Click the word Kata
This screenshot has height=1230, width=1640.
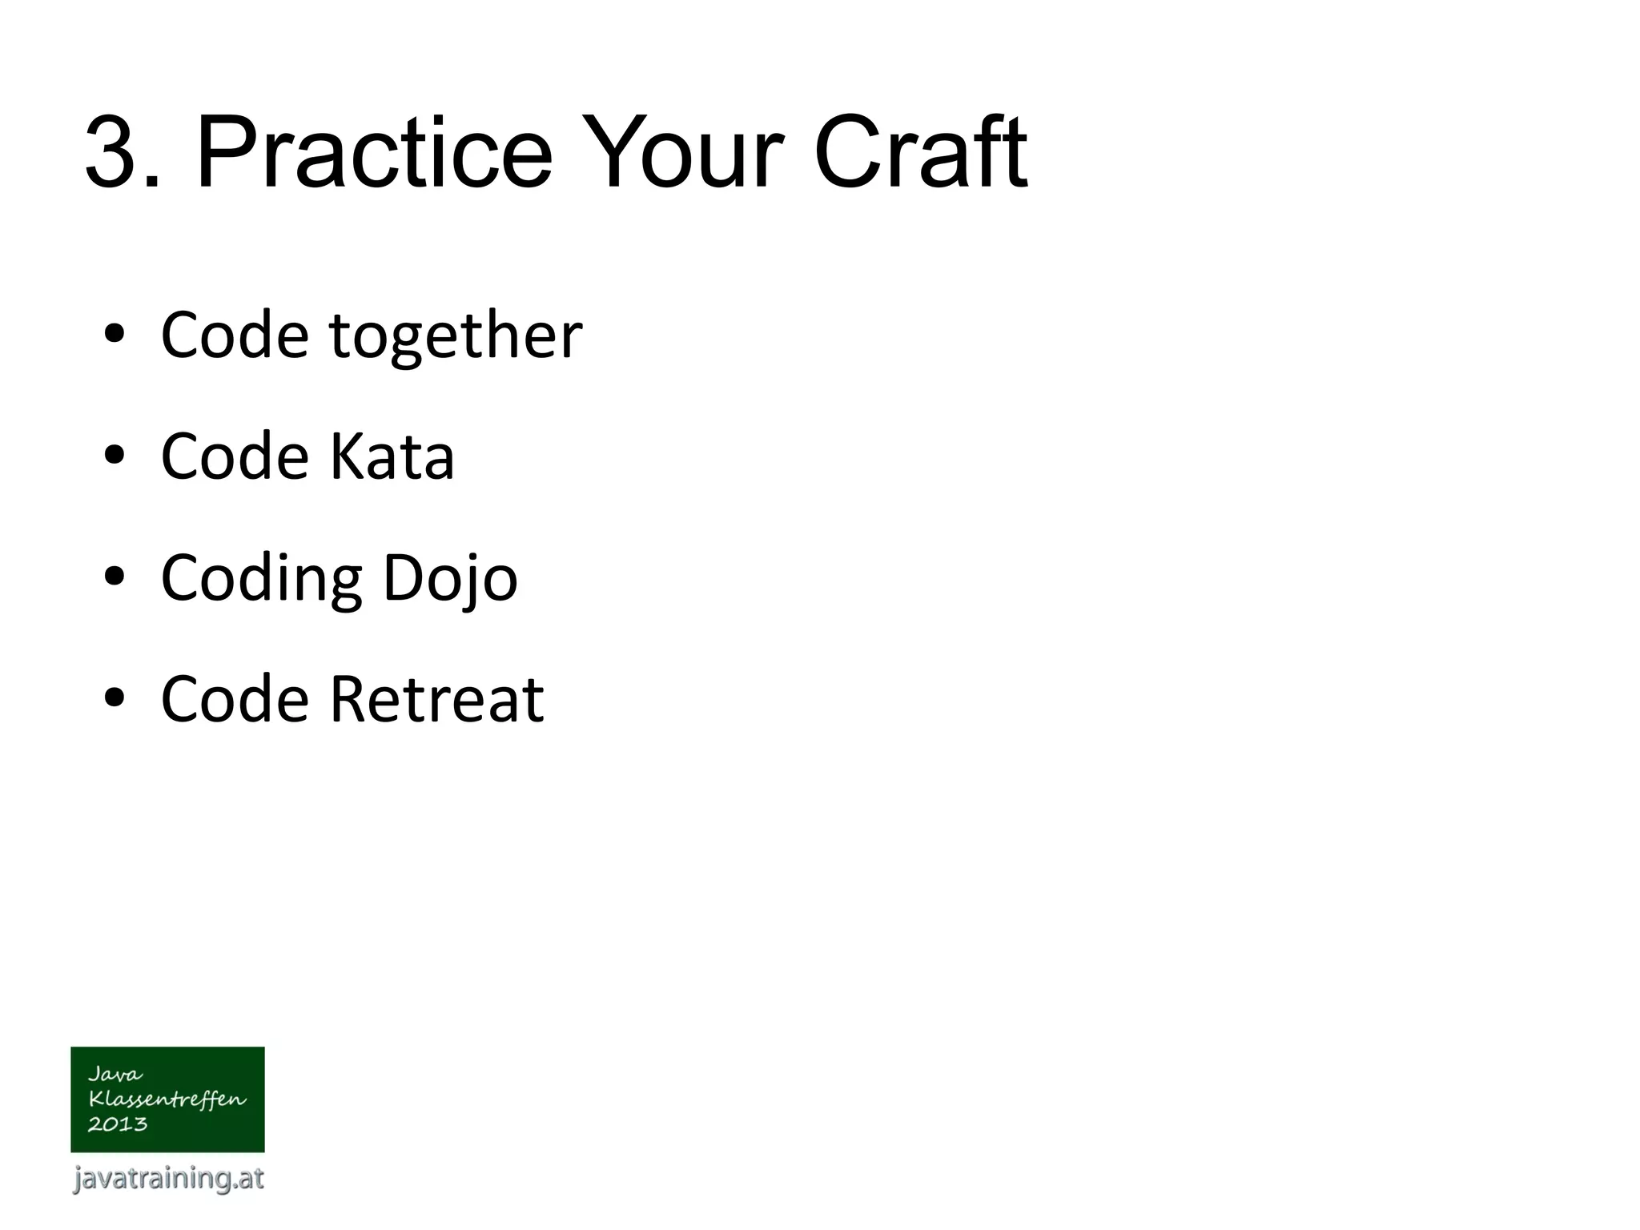pos(392,456)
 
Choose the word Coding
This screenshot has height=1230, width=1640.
pos(261,578)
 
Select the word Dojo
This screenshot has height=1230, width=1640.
pos(450,578)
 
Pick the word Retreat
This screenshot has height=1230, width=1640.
pos(436,699)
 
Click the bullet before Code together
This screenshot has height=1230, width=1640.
pos(115,335)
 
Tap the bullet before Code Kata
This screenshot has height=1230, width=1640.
pos(115,456)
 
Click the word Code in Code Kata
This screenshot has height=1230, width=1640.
pos(235,456)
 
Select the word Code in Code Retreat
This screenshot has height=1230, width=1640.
pos(235,699)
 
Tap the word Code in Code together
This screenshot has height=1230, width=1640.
pos(235,335)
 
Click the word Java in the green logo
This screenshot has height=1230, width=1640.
pos(115,1074)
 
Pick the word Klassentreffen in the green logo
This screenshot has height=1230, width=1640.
pos(167,1099)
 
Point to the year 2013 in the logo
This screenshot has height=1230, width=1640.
pos(117,1124)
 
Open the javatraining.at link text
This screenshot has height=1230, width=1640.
pos(168,1178)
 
